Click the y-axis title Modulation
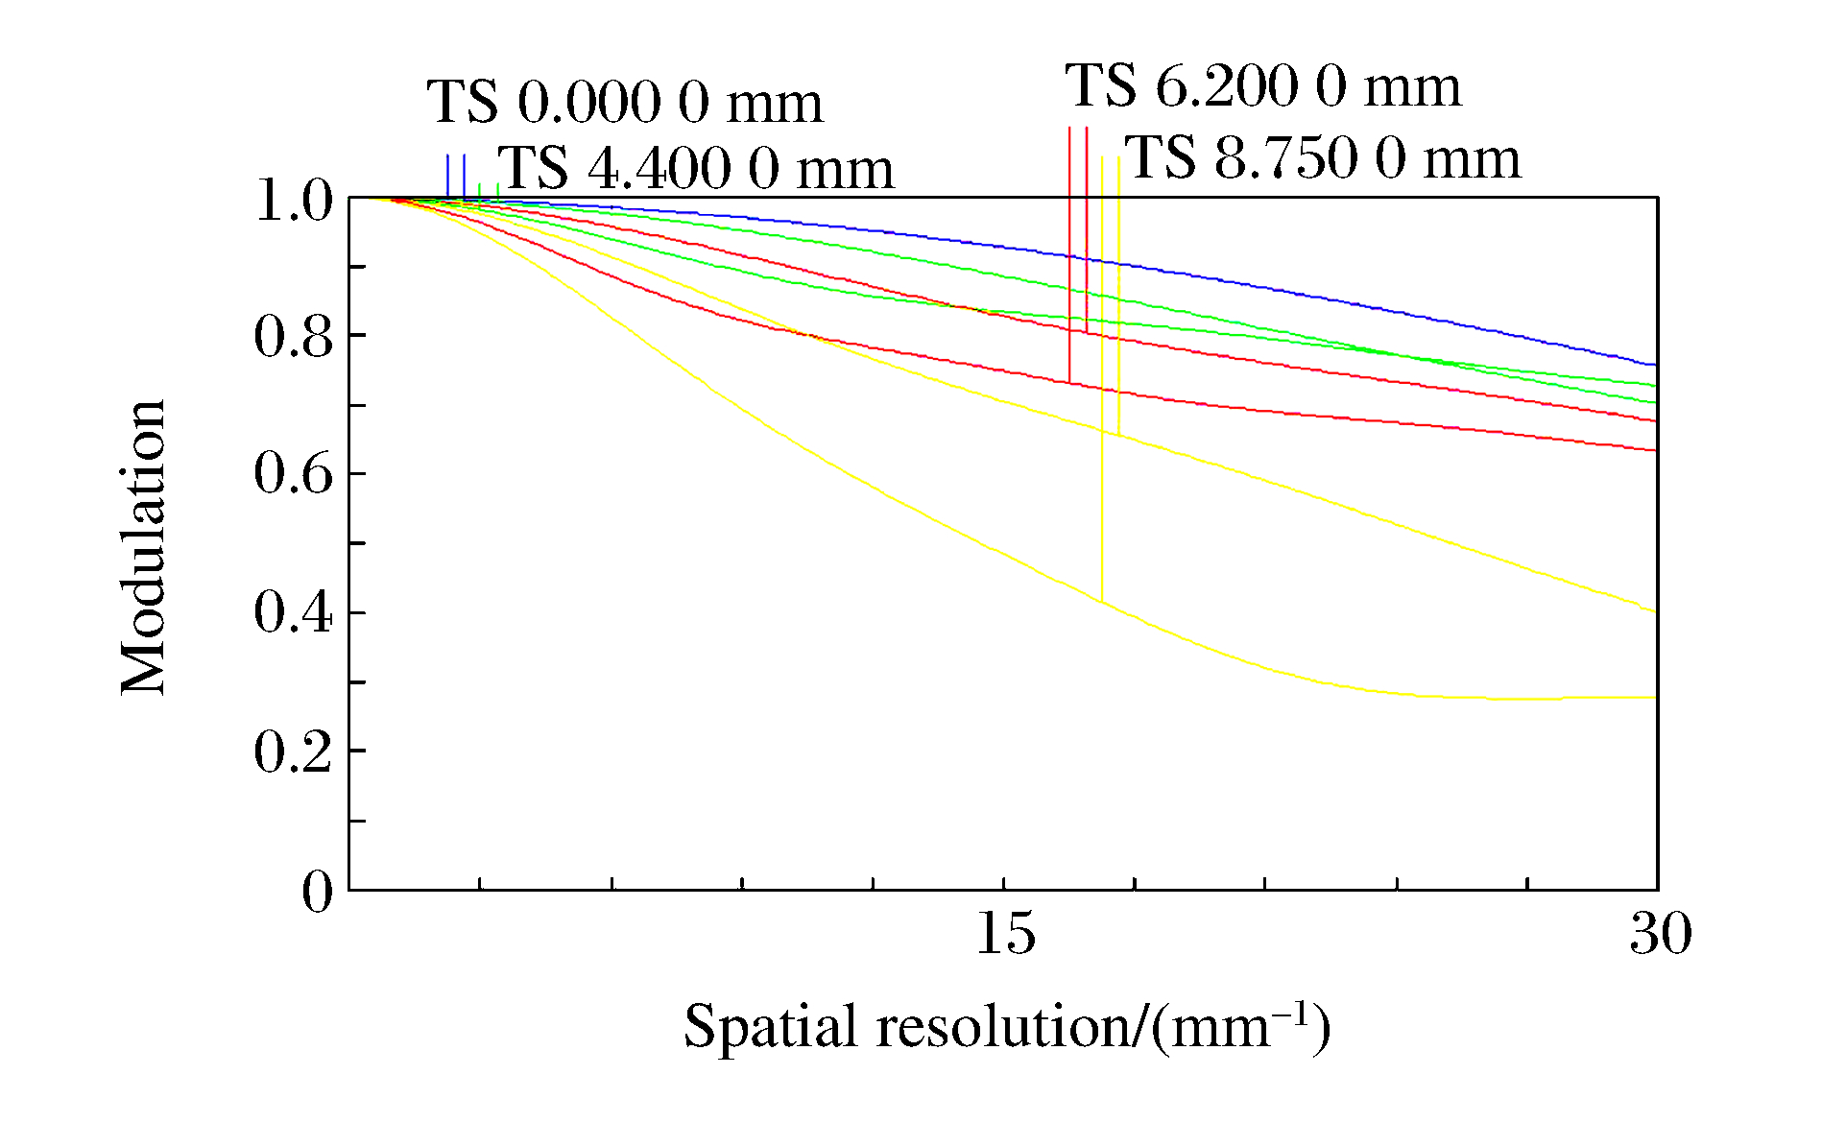(x=144, y=546)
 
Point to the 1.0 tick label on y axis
(x=293, y=202)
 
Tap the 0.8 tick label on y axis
(x=293, y=337)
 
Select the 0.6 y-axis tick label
(x=293, y=474)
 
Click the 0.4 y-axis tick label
(x=293, y=612)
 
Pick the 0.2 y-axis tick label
(x=293, y=752)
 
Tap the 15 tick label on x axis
(x=1005, y=933)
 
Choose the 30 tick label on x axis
(x=1660, y=933)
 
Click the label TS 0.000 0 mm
(x=625, y=102)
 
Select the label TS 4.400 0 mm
(x=696, y=168)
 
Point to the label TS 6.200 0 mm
(x=1263, y=85)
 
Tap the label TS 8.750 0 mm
(x=1323, y=157)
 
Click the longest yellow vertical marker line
(x=1102, y=384)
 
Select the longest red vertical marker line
(x=1069, y=254)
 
